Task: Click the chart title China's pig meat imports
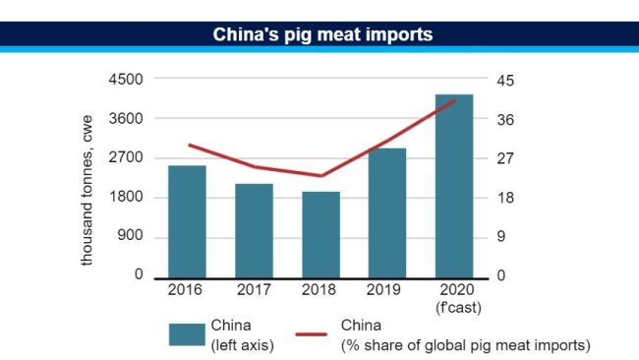pos(323,34)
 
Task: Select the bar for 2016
pos(187,221)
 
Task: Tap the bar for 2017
pos(254,230)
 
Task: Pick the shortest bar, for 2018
pos(320,234)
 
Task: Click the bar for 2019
pos(387,212)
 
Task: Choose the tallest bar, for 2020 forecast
pos(454,185)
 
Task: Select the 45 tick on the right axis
pos(504,80)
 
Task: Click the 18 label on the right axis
pos(504,198)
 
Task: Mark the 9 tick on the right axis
pos(500,237)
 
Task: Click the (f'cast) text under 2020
pos(454,308)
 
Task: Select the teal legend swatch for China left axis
pos(186,334)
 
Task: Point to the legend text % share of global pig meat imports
pos(465,344)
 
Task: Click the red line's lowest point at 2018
pos(320,176)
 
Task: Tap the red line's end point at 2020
pos(454,100)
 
